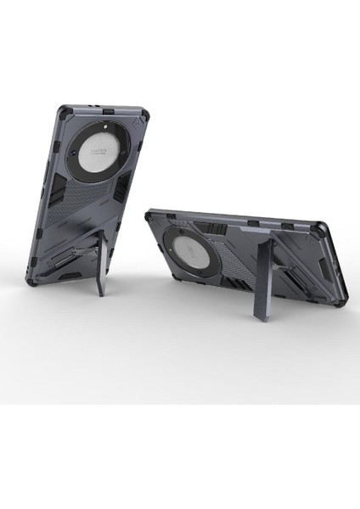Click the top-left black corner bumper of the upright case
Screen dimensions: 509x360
tap(65, 112)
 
